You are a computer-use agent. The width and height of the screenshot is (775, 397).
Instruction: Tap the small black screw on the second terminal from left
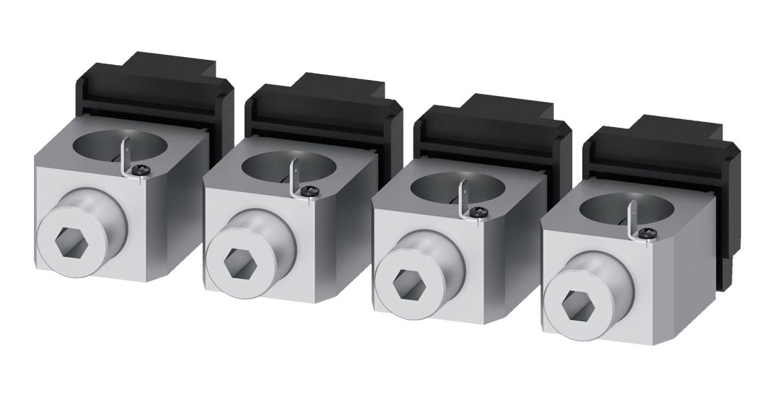[311, 191]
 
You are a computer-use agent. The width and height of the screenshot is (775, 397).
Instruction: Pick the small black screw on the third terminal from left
[481, 211]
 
